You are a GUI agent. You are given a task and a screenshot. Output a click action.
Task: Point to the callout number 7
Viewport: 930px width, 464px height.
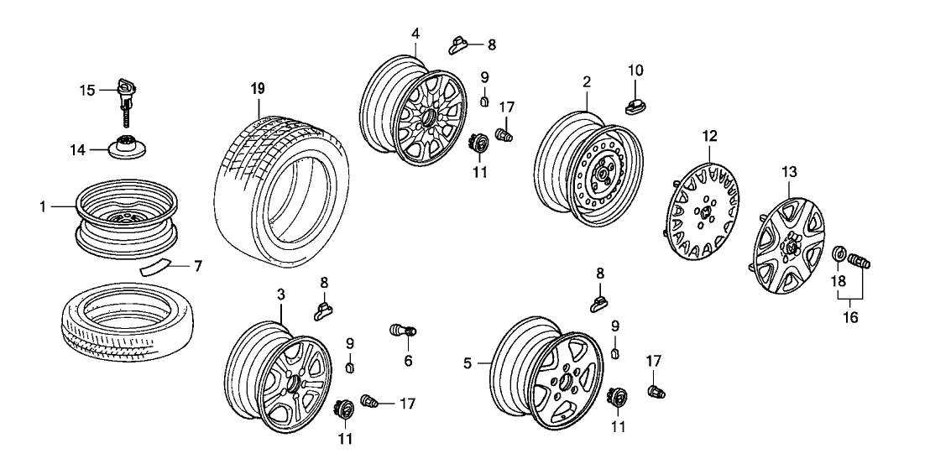click(x=198, y=268)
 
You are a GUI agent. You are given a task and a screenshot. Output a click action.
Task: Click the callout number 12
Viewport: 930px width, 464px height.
click(x=711, y=135)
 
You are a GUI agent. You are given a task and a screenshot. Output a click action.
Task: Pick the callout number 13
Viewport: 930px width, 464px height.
click(x=788, y=173)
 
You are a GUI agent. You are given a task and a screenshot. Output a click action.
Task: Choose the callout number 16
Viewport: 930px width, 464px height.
click(x=854, y=318)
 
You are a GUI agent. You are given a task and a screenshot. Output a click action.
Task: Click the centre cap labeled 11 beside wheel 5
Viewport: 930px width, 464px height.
click(x=617, y=398)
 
